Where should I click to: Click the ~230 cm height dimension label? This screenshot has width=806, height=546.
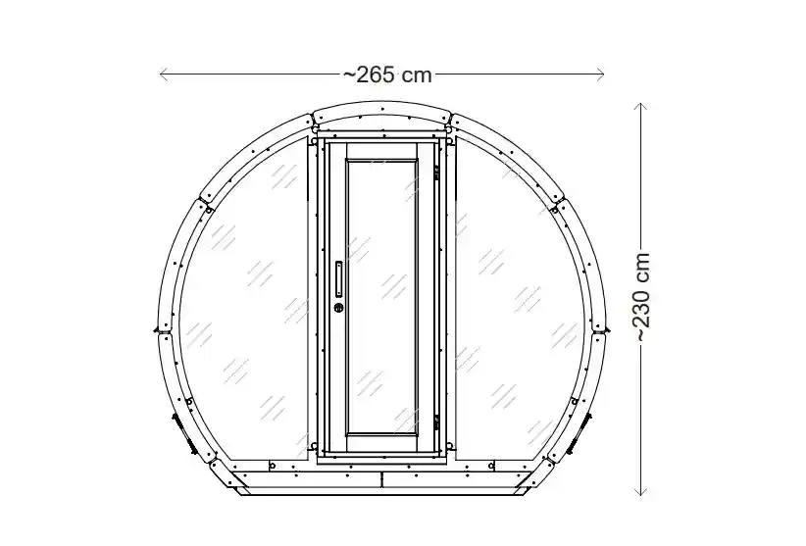tap(642, 296)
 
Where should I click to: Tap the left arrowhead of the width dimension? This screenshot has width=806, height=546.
tap(163, 74)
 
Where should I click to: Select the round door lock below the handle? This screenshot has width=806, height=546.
tap(339, 308)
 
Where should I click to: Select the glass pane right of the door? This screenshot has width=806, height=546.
tap(520, 294)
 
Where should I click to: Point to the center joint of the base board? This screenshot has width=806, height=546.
tap(382, 479)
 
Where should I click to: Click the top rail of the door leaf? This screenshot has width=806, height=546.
tap(382, 147)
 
